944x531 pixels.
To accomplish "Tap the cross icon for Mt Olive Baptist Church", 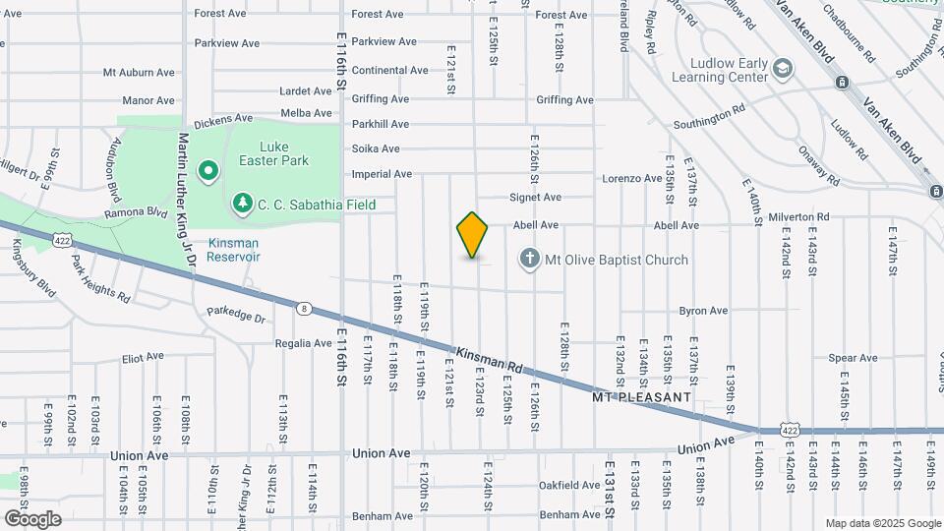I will [529, 260].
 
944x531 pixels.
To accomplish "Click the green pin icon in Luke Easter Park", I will [208, 172].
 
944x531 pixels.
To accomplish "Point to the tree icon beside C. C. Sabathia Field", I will [242, 204].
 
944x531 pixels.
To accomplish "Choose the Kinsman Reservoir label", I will [233, 250].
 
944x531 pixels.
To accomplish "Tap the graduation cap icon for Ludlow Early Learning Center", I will [782, 69].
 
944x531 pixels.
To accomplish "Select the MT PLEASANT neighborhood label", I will [642, 397].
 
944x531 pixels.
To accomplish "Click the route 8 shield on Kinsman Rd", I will [305, 308].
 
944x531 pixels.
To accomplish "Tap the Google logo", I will [32, 518].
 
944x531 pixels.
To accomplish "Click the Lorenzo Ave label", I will [632, 179].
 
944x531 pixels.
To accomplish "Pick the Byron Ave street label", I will [702, 311].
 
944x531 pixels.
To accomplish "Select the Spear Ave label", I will [853, 358].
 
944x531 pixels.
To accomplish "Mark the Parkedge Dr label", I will [237, 319].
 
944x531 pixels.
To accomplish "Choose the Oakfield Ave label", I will [569, 486].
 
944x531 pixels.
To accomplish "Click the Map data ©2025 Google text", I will [881, 523].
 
